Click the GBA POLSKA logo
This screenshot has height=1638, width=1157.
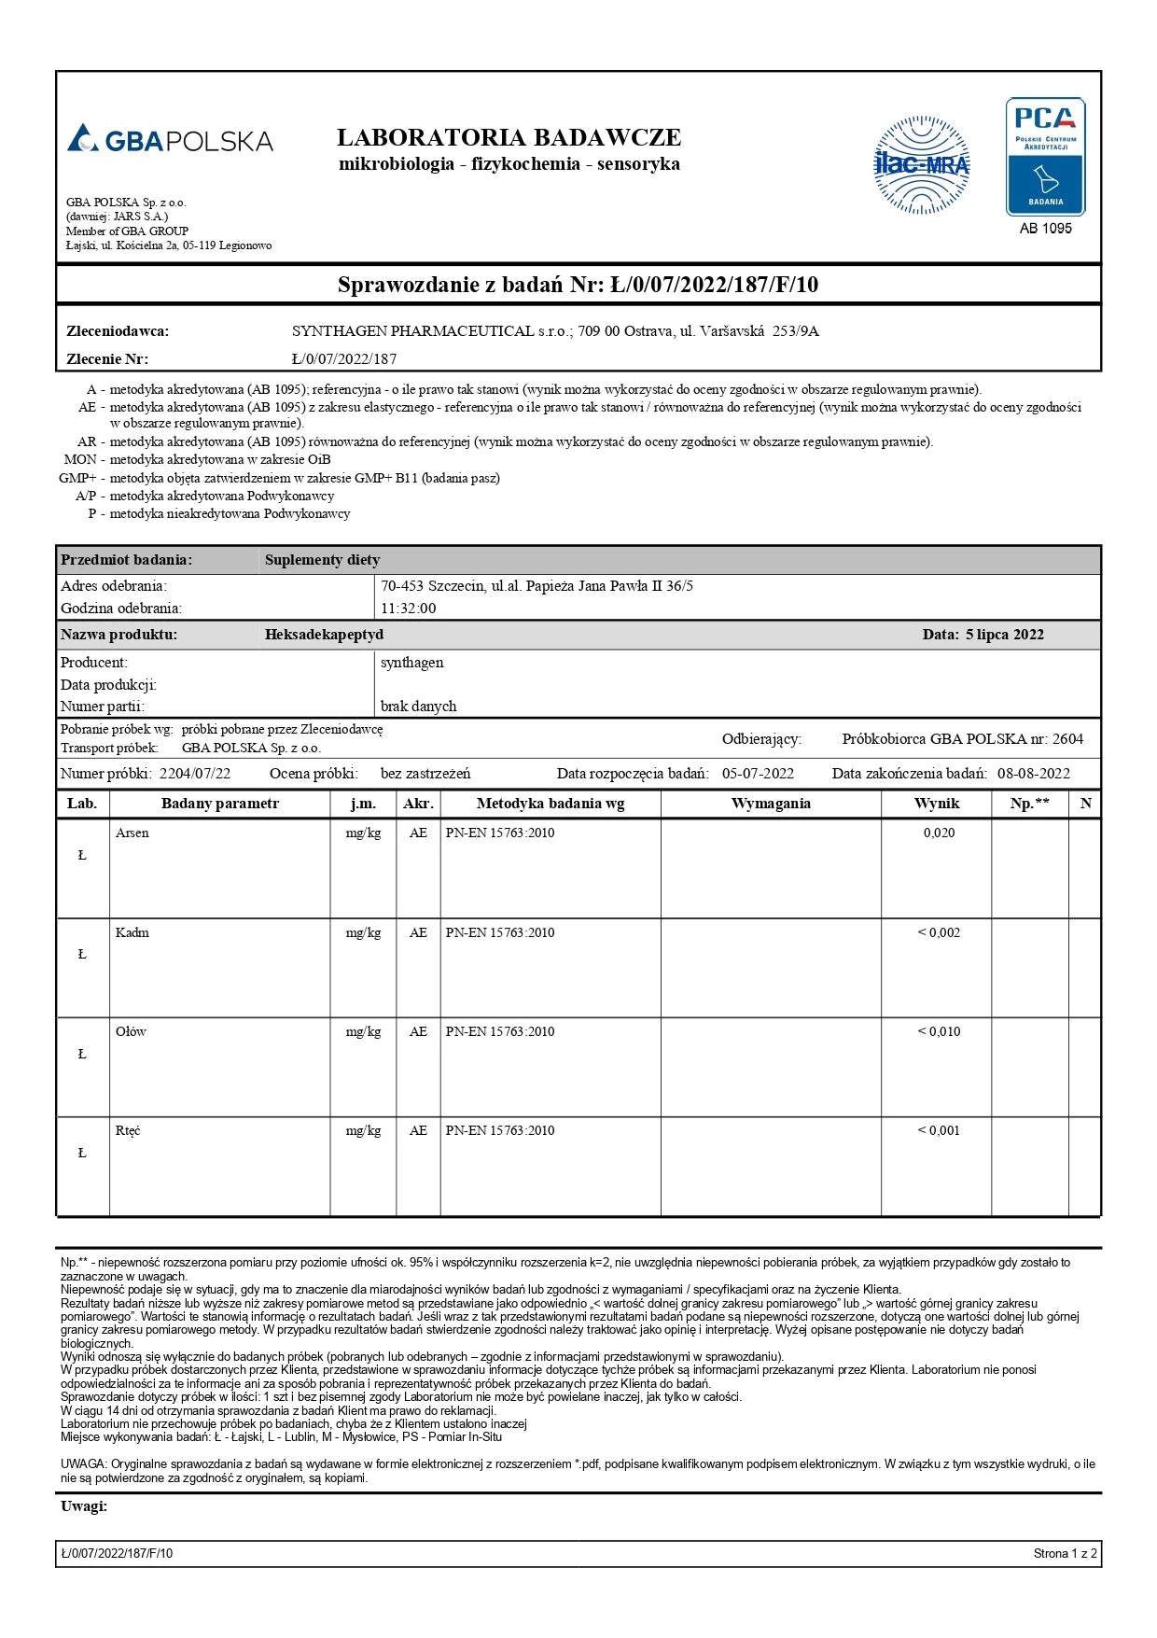tap(170, 140)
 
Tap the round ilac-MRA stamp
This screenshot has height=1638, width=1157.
tap(921, 165)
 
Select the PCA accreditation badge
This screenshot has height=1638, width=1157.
tap(1045, 157)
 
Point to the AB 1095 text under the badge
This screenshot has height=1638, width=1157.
tap(1045, 229)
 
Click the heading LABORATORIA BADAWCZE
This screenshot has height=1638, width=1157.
tap(509, 138)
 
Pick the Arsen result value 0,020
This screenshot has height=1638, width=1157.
tap(939, 833)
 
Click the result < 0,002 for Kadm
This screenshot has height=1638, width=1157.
tap(939, 932)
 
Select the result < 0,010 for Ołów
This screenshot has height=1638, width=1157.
tap(939, 1031)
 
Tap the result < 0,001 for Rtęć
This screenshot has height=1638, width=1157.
tap(939, 1130)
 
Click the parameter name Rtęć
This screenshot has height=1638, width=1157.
tap(128, 1130)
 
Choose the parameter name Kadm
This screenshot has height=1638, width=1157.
tap(132, 932)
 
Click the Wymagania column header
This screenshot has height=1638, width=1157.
tap(771, 804)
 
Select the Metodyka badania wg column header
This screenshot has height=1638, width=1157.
tap(551, 804)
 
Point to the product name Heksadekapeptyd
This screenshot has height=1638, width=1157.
tap(324, 635)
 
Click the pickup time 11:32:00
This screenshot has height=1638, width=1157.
tap(408, 609)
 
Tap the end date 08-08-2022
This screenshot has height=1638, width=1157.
tap(1033, 774)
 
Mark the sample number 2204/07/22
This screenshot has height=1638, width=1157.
tap(195, 774)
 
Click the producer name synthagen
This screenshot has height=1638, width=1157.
tap(411, 663)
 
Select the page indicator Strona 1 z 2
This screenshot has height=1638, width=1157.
tap(1065, 1554)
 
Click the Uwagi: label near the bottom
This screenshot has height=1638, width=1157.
tap(84, 1506)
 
